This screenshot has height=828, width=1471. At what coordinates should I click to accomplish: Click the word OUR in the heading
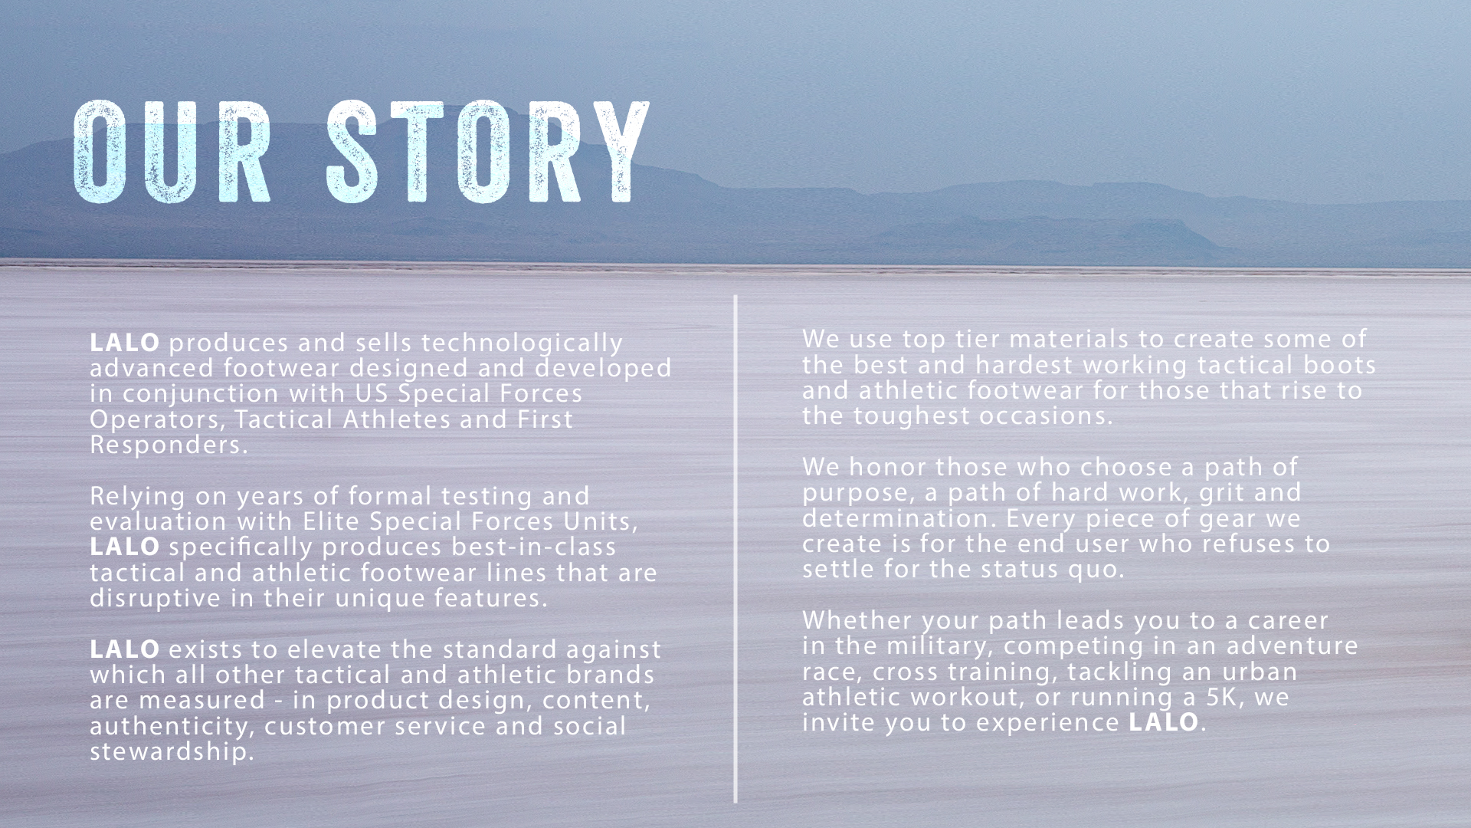(172, 152)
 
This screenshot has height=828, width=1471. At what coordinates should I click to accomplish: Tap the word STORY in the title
(489, 152)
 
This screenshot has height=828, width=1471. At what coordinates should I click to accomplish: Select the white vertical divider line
(735, 549)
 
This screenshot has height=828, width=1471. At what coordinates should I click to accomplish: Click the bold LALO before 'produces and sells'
(125, 342)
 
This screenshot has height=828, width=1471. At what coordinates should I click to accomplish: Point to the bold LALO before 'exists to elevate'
(125, 649)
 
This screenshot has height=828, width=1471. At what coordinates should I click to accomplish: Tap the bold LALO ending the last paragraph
(1164, 721)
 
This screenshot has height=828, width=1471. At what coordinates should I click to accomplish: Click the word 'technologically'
(523, 343)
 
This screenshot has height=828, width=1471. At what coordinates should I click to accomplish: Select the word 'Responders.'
(169, 445)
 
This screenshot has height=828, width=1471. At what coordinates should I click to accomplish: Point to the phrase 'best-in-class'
(534, 547)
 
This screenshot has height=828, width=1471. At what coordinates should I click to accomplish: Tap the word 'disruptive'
(156, 598)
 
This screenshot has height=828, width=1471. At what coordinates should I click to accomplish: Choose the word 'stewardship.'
(172, 751)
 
